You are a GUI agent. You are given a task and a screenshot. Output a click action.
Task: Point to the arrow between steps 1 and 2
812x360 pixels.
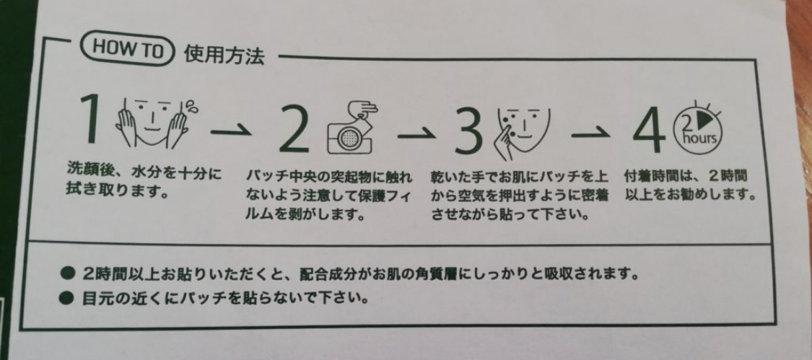point(230,131)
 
